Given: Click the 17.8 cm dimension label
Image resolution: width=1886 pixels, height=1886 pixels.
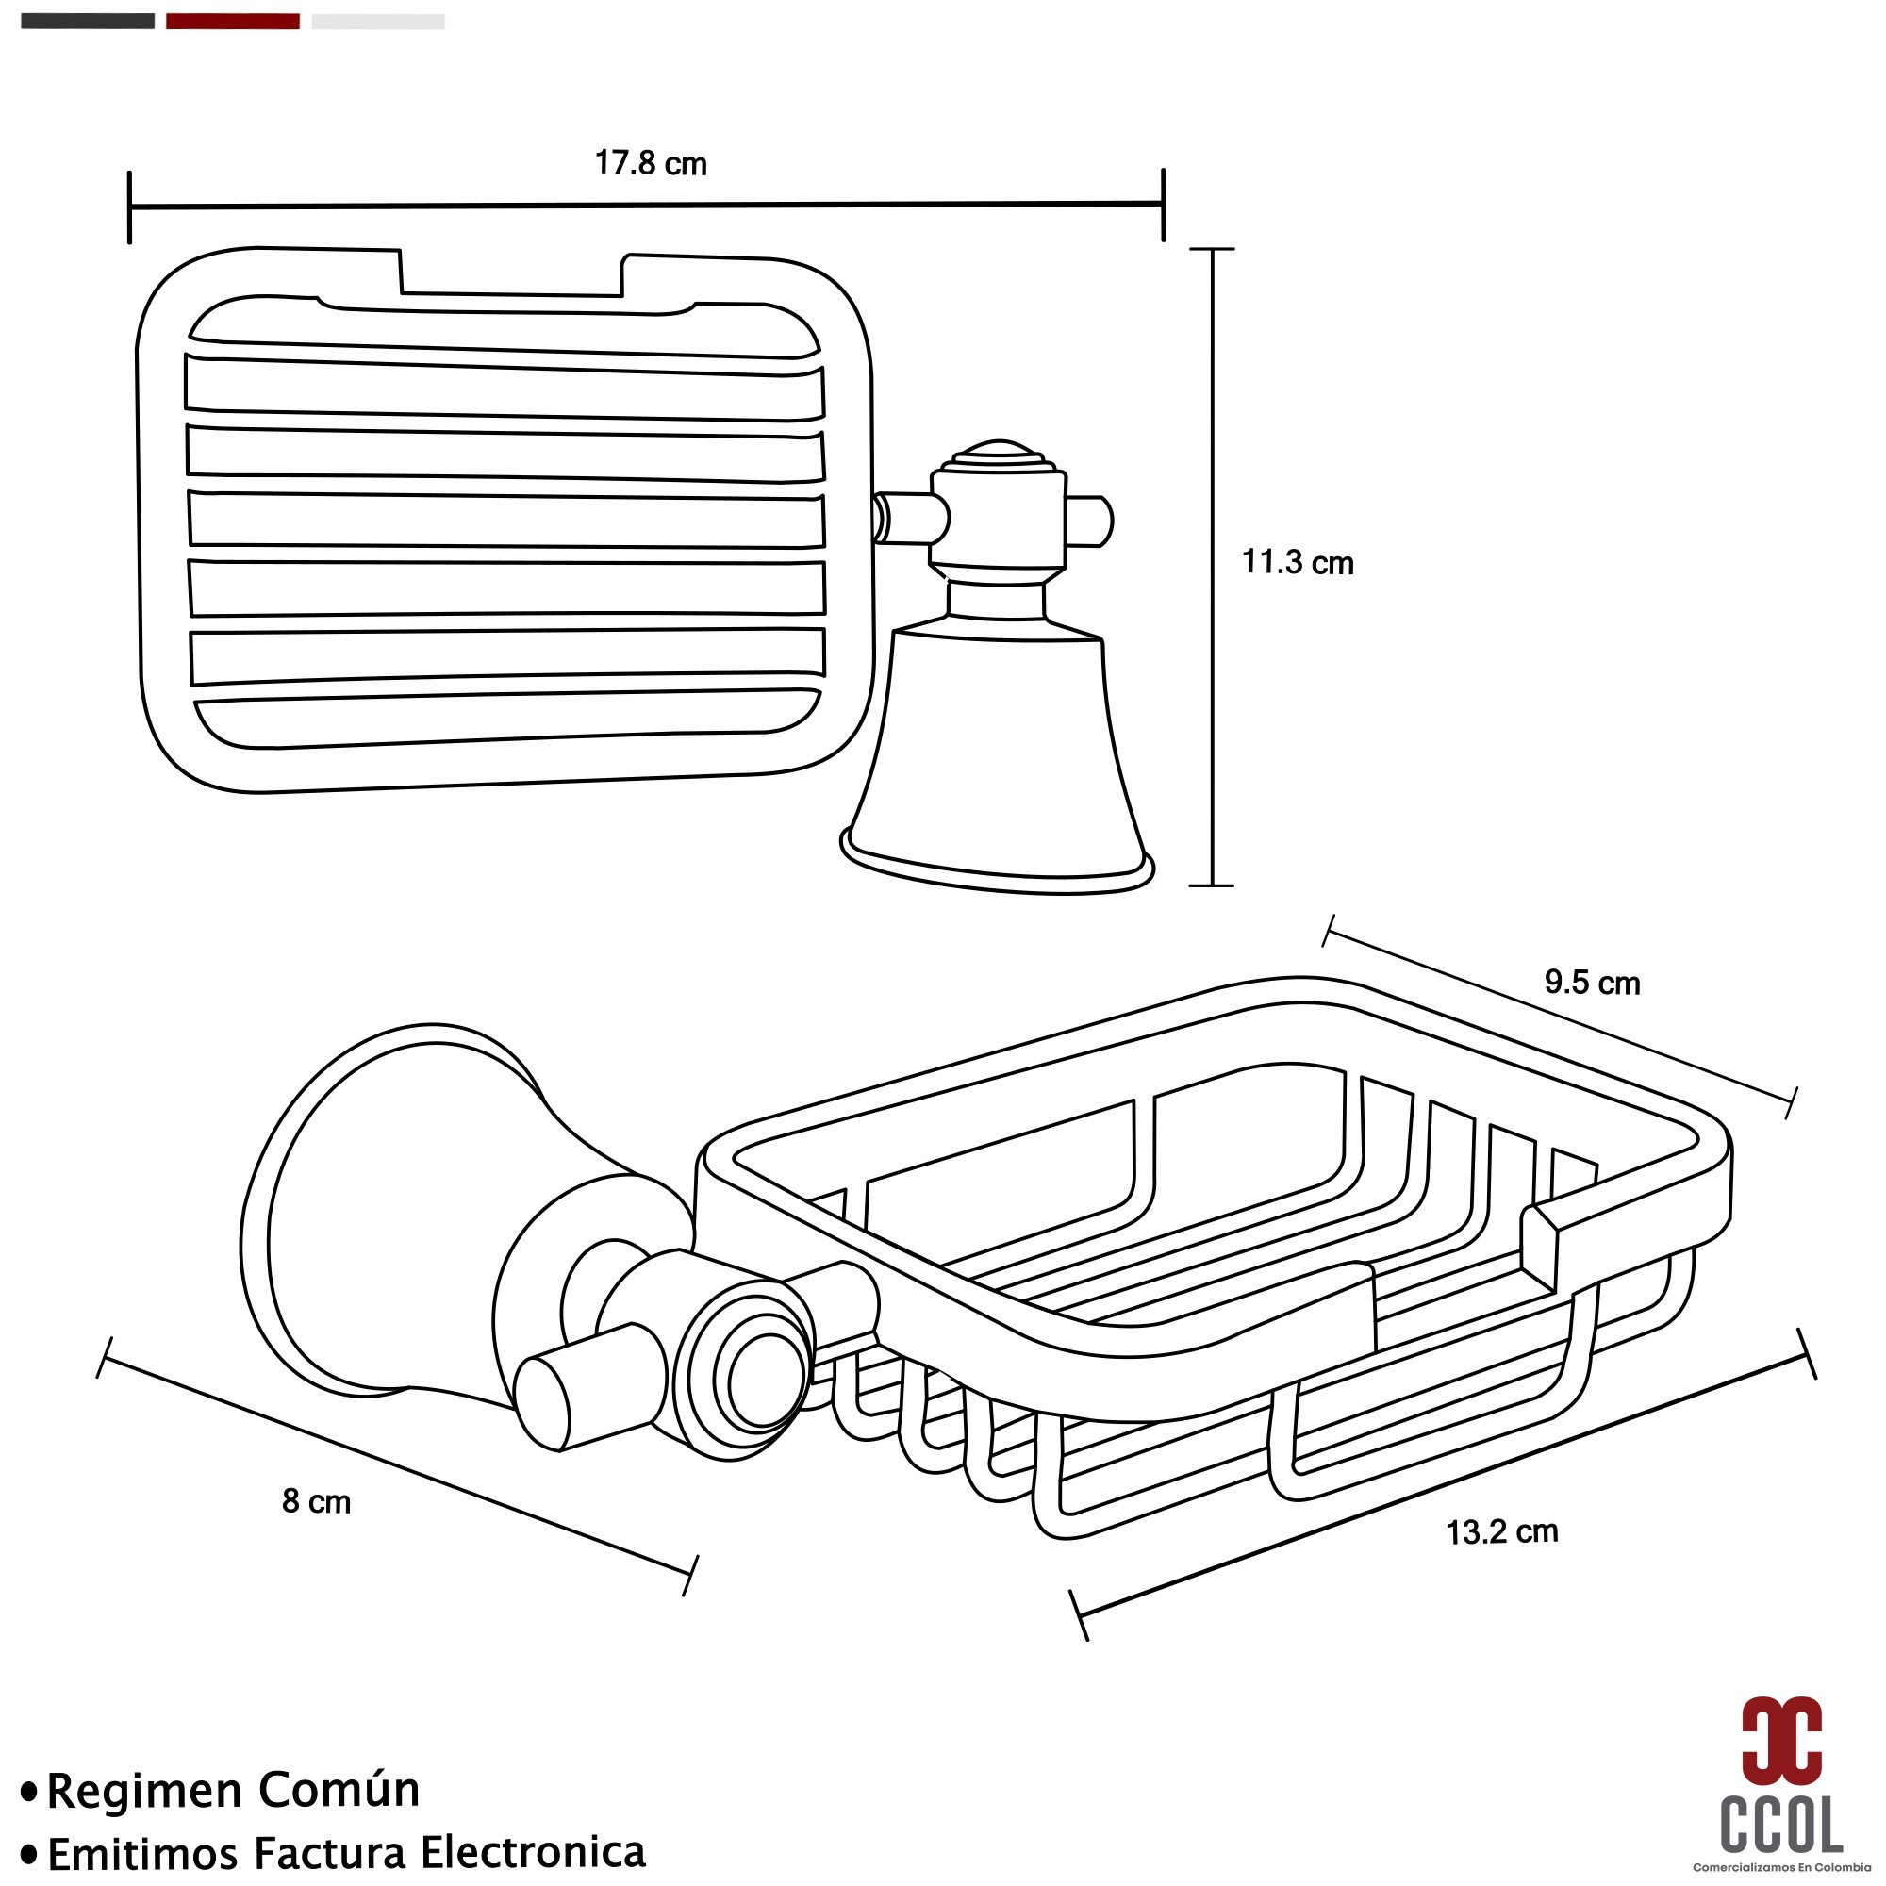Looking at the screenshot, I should [650, 163].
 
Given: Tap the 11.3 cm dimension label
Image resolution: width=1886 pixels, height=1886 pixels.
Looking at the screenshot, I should [1298, 562].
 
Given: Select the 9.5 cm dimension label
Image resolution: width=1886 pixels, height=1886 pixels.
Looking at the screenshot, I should [1592, 982].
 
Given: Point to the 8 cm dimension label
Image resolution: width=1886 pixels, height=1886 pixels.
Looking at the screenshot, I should [316, 1500].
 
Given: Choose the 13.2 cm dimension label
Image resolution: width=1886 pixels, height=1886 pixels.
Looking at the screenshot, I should [1501, 1531].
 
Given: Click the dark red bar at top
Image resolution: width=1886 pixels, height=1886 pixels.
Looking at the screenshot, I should [232, 22].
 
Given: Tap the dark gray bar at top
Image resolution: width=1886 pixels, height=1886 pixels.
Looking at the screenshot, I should [88, 22].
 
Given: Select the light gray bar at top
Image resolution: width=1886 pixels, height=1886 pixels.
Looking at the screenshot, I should [378, 22].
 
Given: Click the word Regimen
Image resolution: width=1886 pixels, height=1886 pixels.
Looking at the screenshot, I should [144, 1792].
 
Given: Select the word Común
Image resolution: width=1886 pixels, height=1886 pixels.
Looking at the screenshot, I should [339, 1790].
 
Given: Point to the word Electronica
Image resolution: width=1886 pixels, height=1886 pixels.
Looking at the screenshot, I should [532, 1852].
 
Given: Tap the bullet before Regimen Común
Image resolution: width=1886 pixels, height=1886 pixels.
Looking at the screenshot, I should [30, 1792].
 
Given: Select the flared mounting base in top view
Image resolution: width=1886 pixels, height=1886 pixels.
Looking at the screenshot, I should [997, 761].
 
